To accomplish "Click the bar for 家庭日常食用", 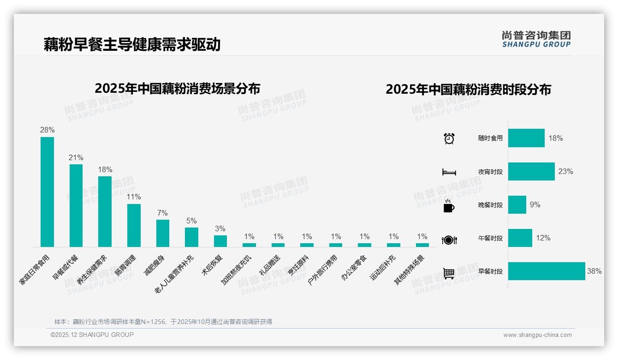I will [x=47, y=192].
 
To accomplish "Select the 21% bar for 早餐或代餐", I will [x=76, y=205].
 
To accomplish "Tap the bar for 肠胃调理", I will [x=134, y=225].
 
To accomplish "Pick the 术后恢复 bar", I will [x=220, y=241].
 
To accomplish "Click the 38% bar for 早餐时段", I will [x=547, y=271].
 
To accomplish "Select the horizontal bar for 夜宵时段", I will [x=531, y=171].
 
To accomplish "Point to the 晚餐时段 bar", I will [x=517, y=205].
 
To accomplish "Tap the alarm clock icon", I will [x=449, y=138].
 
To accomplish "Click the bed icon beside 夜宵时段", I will [x=449, y=172].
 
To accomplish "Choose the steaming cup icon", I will [x=449, y=206].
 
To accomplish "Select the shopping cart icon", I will [x=449, y=273].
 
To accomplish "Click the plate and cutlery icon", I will [x=449, y=240].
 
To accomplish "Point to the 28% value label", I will [x=47, y=130].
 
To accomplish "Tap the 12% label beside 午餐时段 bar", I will [x=543, y=238].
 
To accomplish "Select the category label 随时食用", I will [x=490, y=138].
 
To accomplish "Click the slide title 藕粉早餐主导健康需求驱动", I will [x=132, y=44].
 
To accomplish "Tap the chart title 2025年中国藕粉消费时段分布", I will [x=468, y=90].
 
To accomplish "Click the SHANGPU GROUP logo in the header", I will [x=536, y=39].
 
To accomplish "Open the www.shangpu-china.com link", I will [x=537, y=335].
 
